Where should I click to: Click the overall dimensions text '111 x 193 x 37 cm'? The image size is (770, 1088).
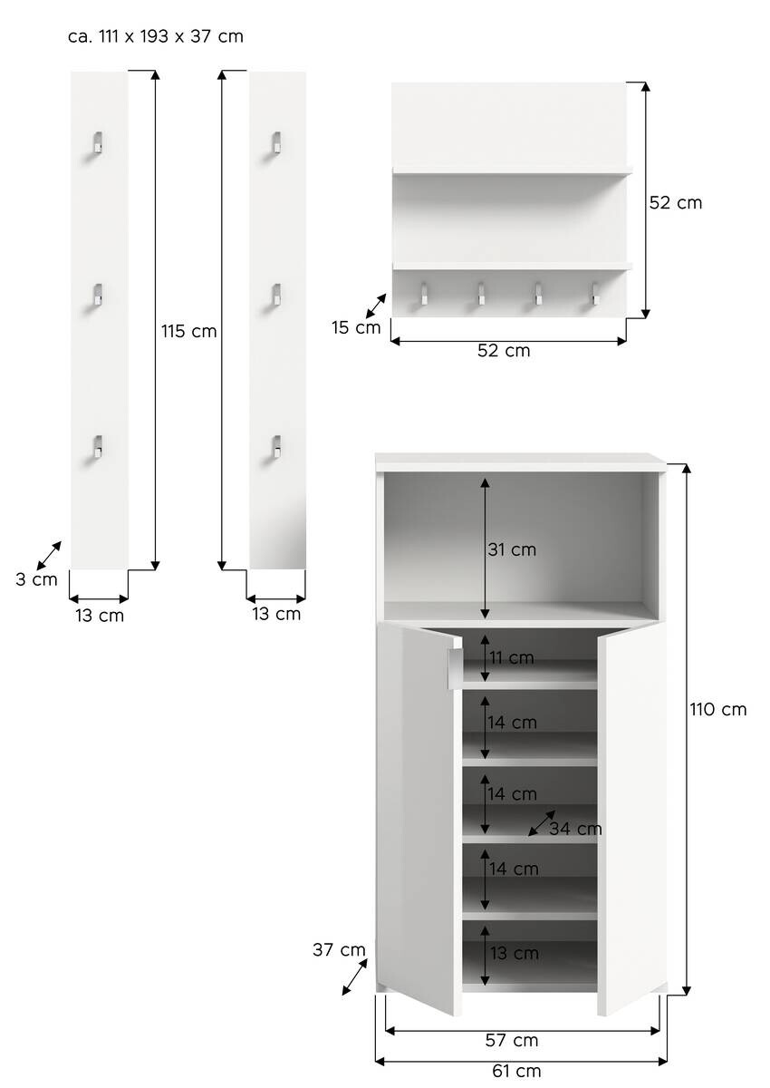[156, 37]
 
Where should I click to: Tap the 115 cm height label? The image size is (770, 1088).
[189, 331]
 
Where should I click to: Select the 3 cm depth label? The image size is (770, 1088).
[36, 579]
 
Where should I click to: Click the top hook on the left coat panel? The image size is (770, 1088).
[97, 143]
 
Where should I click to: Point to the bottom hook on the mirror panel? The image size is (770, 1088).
[274, 447]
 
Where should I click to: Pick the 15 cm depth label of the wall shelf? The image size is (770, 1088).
[356, 327]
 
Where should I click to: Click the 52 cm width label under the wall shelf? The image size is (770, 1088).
[504, 350]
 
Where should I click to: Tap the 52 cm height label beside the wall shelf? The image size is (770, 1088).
[676, 203]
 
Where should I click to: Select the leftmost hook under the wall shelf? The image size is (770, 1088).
[423, 293]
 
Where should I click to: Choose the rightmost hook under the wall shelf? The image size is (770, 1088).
[596, 293]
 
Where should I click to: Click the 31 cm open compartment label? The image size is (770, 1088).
[512, 549]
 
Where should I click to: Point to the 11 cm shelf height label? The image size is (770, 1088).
[511, 657]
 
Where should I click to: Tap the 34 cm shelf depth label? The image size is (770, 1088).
[575, 829]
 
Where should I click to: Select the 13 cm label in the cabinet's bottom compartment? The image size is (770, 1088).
[514, 953]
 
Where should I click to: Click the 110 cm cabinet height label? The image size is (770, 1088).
[718, 709]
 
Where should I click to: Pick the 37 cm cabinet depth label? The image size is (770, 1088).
[339, 949]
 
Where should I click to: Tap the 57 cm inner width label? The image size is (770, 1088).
[513, 1040]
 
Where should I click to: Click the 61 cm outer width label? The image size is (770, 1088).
[515, 1071]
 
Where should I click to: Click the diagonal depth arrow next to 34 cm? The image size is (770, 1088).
[542, 822]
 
